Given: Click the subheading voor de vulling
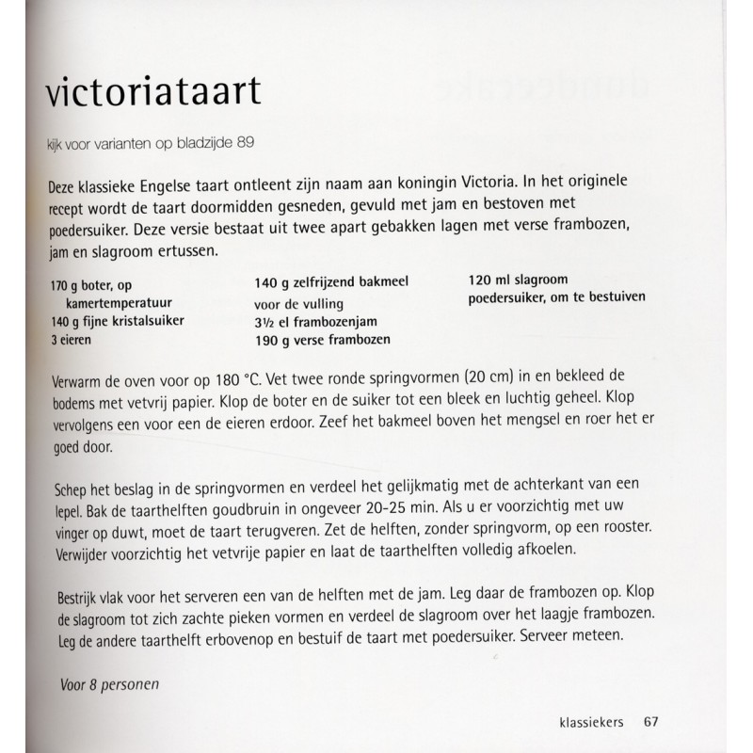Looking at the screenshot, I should pos(298,303).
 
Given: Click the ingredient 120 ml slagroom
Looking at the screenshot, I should pos(520,280).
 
